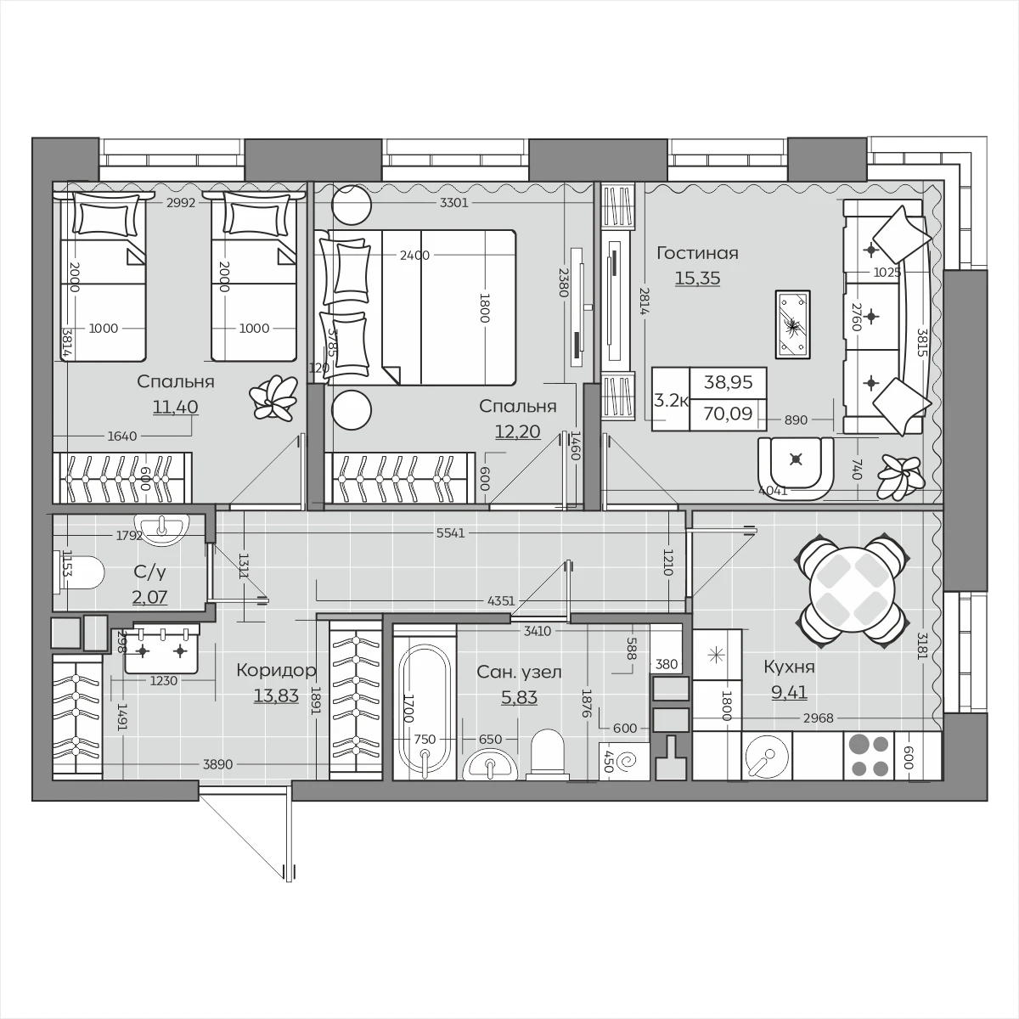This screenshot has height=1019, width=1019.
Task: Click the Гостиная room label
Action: (x=697, y=253)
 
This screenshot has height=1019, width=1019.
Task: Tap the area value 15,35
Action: (x=697, y=278)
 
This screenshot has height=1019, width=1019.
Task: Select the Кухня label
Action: (x=789, y=667)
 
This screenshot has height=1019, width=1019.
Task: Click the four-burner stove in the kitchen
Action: (x=869, y=756)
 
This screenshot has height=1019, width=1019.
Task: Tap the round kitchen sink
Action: (x=766, y=757)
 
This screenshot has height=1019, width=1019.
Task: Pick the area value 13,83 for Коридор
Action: (x=276, y=695)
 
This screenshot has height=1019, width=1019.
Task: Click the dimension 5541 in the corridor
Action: (x=451, y=533)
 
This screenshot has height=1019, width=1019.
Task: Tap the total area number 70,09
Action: (x=728, y=413)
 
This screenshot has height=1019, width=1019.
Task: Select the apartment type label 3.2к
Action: (x=671, y=400)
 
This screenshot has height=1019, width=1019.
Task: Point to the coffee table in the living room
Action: (x=792, y=324)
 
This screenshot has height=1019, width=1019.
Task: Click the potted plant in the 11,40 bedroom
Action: (x=273, y=397)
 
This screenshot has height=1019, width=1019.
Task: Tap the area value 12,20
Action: (x=518, y=431)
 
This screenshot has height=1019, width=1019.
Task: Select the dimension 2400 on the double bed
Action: (x=414, y=256)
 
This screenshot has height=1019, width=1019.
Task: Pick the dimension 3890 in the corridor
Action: (x=218, y=764)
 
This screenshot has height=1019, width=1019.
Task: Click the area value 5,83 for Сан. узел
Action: (x=520, y=697)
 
